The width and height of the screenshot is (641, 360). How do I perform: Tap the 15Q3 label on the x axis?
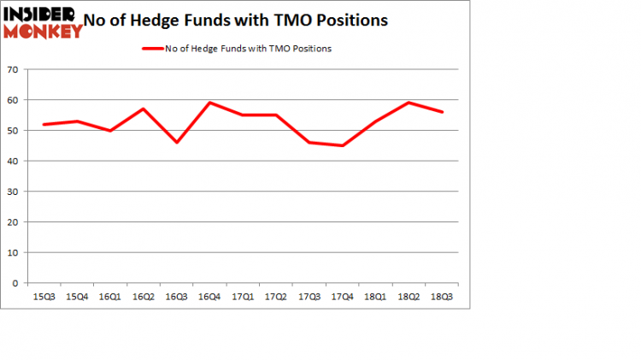[41, 297]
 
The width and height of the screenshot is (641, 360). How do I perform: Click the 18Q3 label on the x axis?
[443, 297]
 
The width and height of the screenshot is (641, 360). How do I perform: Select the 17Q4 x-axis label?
[343, 297]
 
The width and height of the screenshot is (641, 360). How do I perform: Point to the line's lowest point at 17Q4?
[343, 145]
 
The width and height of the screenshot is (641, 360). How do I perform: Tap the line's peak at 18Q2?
[409, 103]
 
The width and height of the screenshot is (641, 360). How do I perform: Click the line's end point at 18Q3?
[443, 112]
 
